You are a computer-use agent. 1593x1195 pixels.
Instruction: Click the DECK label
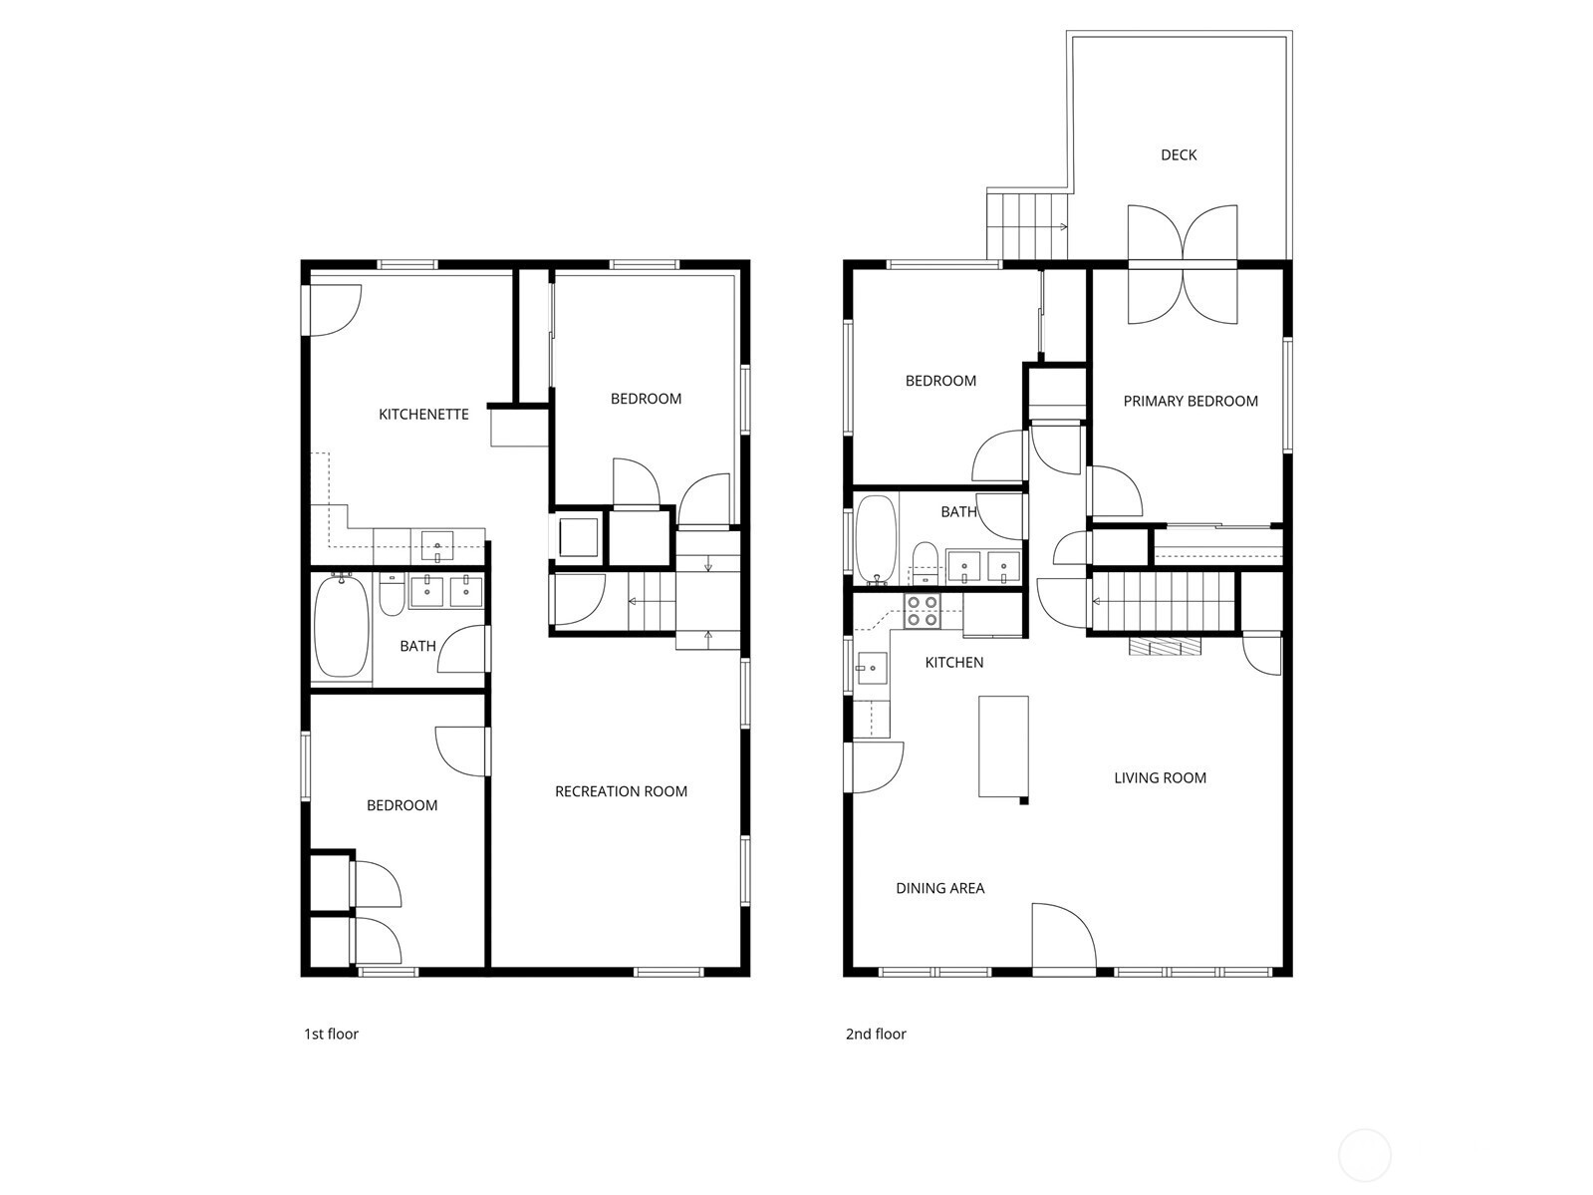point(1178,154)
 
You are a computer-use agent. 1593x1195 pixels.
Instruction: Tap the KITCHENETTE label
point(423,414)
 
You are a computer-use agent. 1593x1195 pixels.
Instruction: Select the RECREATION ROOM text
point(621,791)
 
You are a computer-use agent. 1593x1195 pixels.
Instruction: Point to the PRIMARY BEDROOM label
point(1191,401)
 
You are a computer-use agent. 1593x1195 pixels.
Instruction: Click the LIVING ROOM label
point(1160,777)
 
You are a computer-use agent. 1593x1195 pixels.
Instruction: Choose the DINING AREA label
point(939,888)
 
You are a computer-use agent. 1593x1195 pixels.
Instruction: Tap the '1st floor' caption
point(331,1034)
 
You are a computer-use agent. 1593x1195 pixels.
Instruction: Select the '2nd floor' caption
point(876,1034)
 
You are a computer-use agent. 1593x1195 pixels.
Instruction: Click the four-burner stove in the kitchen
point(922,611)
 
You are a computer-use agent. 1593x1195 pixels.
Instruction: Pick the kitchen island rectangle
point(1003,747)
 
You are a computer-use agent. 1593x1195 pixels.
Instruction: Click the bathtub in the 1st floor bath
point(341,626)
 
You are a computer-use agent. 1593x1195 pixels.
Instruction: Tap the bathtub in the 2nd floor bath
point(876,539)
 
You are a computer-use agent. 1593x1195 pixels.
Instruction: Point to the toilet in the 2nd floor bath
point(925,563)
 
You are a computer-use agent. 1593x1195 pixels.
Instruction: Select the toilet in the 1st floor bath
point(392,595)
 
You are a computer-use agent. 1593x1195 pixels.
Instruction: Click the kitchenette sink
point(437,546)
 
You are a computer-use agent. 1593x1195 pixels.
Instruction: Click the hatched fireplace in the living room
point(1165,646)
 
